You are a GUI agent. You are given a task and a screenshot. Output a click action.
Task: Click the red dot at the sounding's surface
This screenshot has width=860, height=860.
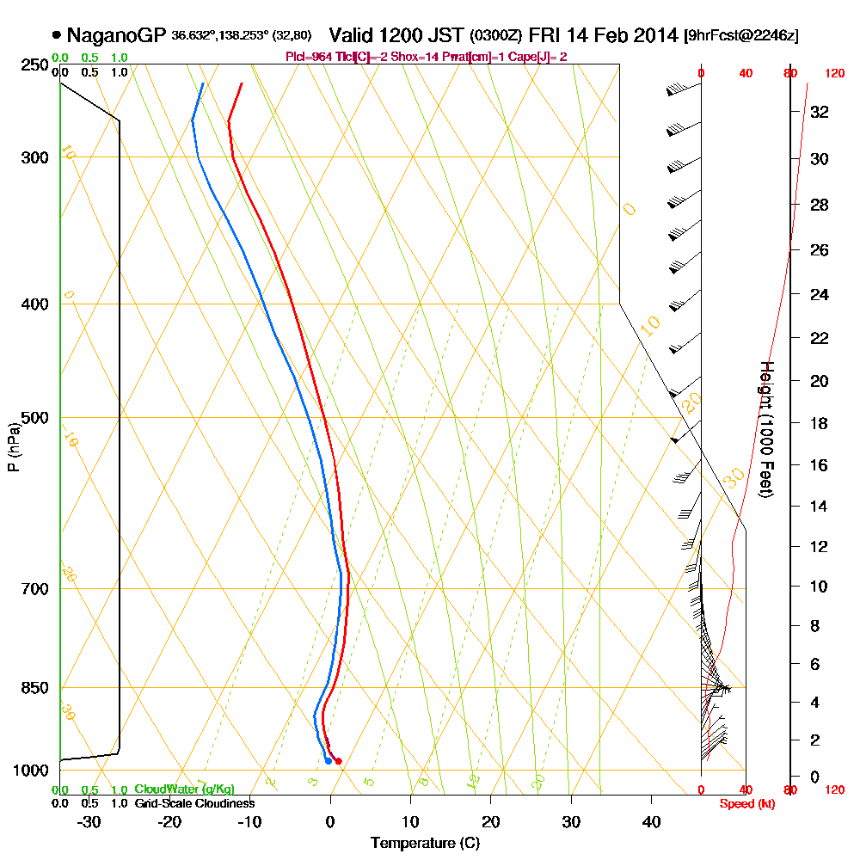pyautogui.click(x=338, y=761)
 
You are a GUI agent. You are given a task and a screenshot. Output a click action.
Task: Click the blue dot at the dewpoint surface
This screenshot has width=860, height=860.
pyautogui.click(x=329, y=760)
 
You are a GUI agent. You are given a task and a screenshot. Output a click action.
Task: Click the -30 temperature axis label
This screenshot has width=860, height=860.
pyautogui.click(x=89, y=822)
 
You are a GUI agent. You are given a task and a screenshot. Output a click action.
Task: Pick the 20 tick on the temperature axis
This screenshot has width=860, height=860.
pyautogui.click(x=491, y=822)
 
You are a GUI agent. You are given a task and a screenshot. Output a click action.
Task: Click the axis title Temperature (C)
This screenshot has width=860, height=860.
pyautogui.click(x=426, y=844)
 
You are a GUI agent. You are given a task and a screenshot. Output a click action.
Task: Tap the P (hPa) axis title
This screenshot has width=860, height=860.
pyautogui.click(x=13, y=447)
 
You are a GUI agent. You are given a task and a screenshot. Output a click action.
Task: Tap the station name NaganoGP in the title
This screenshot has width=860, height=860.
pyautogui.click(x=116, y=36)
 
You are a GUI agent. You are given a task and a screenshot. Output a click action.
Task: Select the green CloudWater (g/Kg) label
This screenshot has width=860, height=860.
pyautogui.click(x=184, y=789)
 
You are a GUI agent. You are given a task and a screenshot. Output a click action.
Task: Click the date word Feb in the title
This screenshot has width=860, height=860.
pyautogui.click(x=614, y=36)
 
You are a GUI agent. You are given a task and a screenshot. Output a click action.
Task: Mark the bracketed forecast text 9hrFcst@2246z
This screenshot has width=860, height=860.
pyautogui.click(x=741, y=36)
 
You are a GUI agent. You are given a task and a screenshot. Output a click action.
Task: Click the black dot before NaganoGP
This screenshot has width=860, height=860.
pyautogui.click(x=57, y=36)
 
